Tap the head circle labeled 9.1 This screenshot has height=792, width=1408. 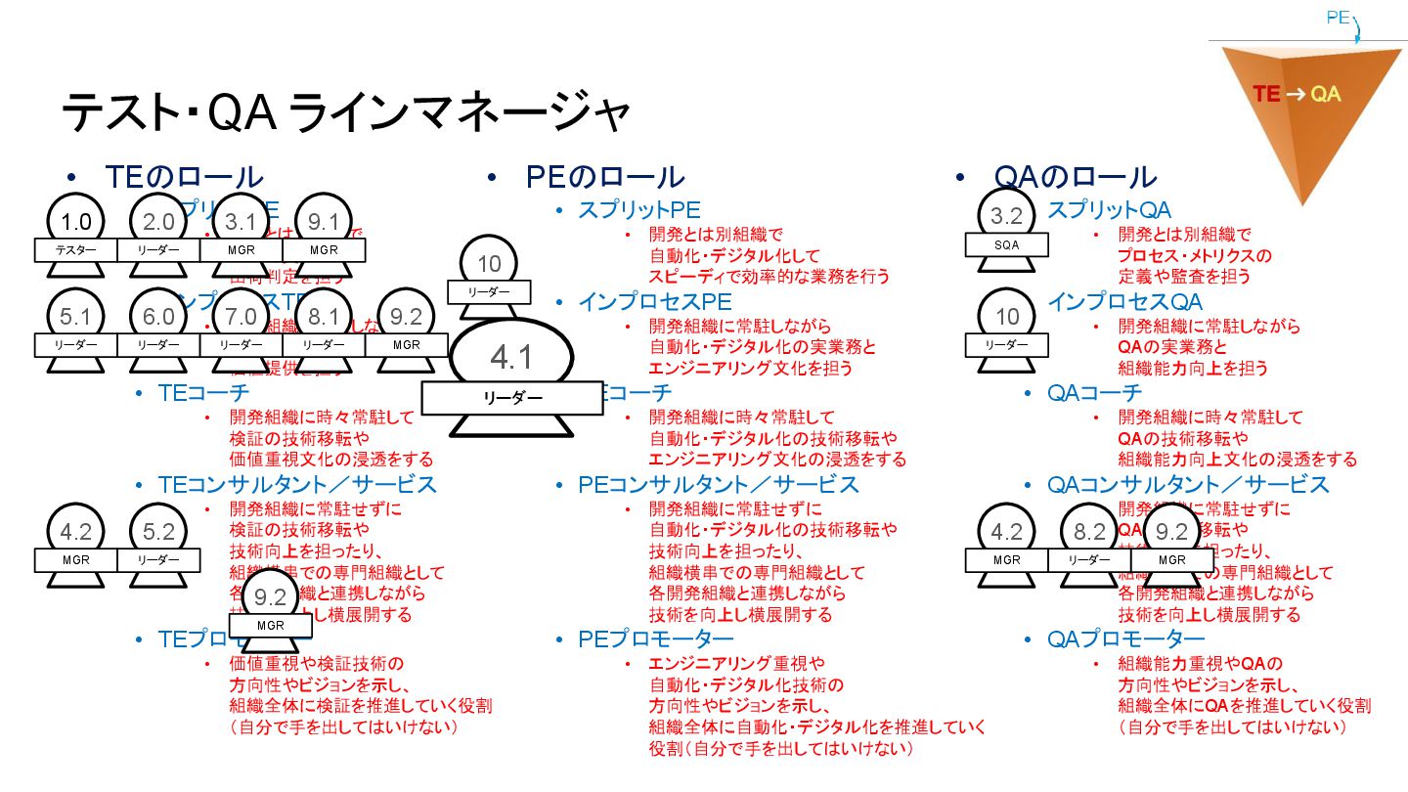[x=324, y=223]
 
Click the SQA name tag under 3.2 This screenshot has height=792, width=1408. [x=1006, y=245]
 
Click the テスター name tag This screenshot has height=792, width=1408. [x=75, y=250]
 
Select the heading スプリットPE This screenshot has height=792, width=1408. [x=638, y=209]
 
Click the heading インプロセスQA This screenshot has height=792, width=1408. [x=1124, y=302]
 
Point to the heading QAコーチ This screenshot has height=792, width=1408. [x=1094, y=393]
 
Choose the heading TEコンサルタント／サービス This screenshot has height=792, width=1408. [x=297, y=484]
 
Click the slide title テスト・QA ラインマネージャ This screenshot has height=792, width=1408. [x=345, y=113]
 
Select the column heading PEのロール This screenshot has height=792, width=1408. [x=604, y=177]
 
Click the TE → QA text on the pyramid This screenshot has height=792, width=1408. [x=1297, y=94]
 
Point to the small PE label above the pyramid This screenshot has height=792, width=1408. [x=1339, y=18]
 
